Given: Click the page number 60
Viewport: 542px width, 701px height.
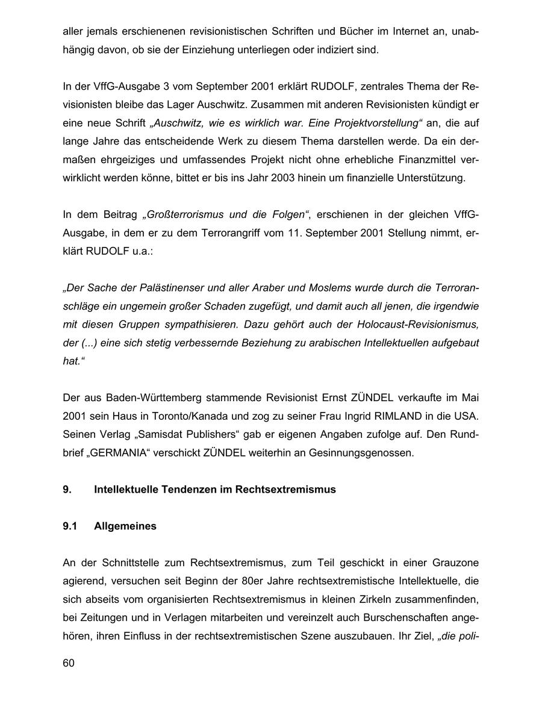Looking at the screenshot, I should pyautogui.click(x=69, y=663).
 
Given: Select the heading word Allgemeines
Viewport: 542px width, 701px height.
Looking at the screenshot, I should pyautogui.click(x=125, y=526).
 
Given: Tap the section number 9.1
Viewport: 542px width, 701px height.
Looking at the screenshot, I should pyautogui.click(x=70, y=526).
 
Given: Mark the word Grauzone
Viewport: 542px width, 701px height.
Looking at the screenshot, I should pyautogui.click(x=455, y=563).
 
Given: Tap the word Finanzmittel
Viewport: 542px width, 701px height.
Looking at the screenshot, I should pyautogui.click(x=414, y=160).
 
